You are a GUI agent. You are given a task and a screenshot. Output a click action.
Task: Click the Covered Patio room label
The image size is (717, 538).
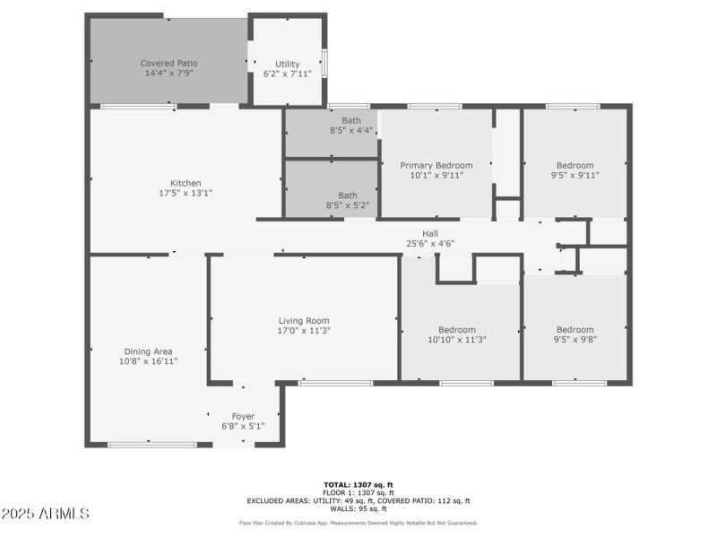(x=168, y=63)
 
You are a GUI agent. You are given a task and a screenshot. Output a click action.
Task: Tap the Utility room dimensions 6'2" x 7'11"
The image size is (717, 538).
(x=287, y=74)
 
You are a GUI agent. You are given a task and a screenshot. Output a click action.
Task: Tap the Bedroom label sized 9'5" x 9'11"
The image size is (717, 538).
(x=574, y=165)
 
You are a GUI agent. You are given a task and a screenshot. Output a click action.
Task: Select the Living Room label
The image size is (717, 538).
(x=304, y=320)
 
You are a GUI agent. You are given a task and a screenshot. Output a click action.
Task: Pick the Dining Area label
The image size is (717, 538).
(x=148, y=351)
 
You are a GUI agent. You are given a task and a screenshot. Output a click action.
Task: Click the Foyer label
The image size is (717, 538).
(x=243, y=416)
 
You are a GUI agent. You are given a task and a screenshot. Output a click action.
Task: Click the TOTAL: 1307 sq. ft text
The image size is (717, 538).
(x=358, y=484)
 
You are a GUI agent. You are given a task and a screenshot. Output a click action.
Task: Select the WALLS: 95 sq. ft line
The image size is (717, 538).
(x=358, y=508)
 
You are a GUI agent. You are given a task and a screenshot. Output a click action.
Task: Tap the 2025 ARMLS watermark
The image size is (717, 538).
(x=46, y=514)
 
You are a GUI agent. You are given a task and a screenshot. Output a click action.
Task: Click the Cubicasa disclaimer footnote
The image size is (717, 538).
(x=358, y=523)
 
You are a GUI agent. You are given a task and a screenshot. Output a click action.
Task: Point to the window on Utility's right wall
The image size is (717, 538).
(x=324, y=63)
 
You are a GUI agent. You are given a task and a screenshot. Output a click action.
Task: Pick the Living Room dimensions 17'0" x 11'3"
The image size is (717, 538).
(x=304, y=331)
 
